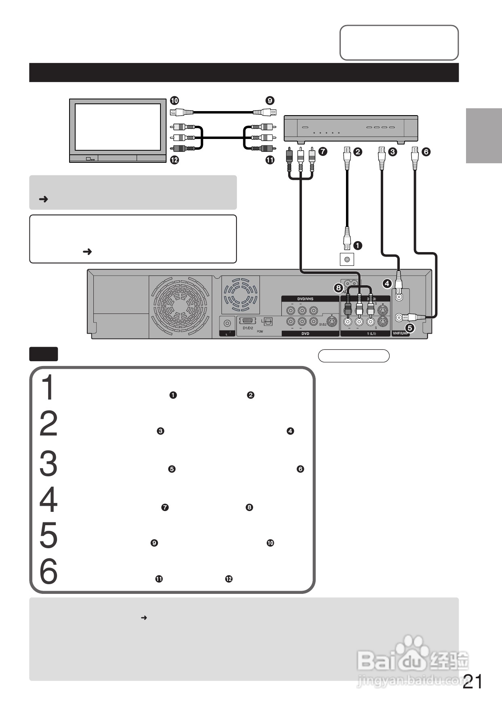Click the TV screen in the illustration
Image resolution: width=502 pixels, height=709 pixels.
pyautogui.click(x=118, y=127)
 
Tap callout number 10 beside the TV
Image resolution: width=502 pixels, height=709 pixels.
pyautogui.click(x=174, y=101)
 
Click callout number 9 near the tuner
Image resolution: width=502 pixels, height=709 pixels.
pyautogui.click(x=270, y=101)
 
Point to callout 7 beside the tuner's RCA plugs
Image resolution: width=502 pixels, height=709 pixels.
pyautogui.click(x=323, y=152)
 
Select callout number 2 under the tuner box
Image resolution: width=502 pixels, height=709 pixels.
pyautogui.click(x=358, y=152)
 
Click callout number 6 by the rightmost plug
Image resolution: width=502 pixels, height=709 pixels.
pyautogui.click(x=426, y=152)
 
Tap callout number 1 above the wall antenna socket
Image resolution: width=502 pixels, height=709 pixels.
pyautogui.click(x=358, y=245)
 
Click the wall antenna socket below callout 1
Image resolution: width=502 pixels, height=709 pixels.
pyautogui.click(x=347, y=259)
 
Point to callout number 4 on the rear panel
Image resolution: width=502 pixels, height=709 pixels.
pyautogui.click(x=387, y=284)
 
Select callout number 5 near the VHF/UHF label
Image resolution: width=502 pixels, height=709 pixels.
pyautogui.click(x=410, y=328)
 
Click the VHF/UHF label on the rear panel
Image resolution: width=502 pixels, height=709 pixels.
pyautogui.click(x=401, y=334)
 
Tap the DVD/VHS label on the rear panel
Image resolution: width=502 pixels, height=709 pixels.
pyautogui.click(x=305, y=299)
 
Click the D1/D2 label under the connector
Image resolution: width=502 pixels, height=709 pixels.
pyautogui.click(x=248, y=328)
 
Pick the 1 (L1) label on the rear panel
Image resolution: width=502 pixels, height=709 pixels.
pyautogui.click(x=371, y=334)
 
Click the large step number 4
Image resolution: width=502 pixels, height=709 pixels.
pyautogui.click(x=49, y=500)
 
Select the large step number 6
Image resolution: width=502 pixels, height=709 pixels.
pyautogui.click(x=49, y=572)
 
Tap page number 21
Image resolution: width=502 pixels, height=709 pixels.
pyautogui.click(x=472, y=682)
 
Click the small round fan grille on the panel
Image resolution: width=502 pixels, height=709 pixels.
pyautogui.click(x=241, y=295)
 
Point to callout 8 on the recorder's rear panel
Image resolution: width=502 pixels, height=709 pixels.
pyautogui.click(x=339, y=288)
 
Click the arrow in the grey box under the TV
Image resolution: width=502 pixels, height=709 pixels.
pyautogui.click(x=43, y=199)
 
